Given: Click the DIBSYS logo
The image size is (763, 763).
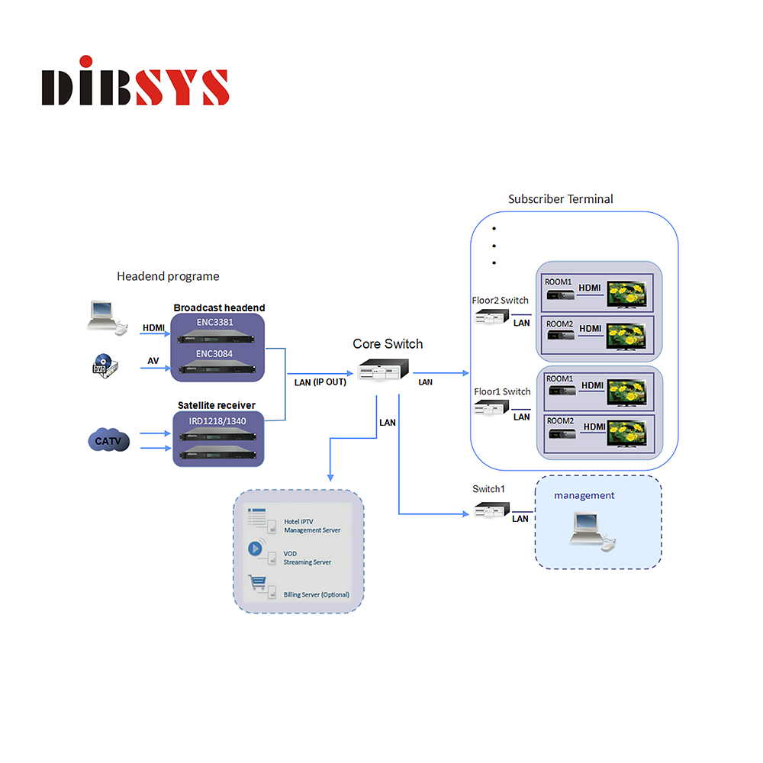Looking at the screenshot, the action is click(135, 81).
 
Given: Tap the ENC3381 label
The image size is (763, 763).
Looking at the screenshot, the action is click(215, 322).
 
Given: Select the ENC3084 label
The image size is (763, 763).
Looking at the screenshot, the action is click(214, 354).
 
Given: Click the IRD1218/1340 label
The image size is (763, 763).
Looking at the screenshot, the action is click(217, 421).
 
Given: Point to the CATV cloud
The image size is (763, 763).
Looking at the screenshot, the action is click(108, 440).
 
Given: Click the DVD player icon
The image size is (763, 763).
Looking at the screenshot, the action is click(105, 366).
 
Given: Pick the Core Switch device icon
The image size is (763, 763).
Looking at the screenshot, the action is click(384, 370).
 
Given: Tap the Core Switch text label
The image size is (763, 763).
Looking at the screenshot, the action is click(388, 344).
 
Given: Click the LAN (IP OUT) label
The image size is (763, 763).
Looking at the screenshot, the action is click(320, 382).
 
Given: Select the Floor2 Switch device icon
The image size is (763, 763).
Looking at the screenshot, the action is click(491, 317).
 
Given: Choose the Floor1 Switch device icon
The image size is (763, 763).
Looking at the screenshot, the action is click(491, 407).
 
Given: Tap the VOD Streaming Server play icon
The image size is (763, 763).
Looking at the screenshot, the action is click(256, 549).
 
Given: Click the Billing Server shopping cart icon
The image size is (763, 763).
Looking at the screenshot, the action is click(257, 582).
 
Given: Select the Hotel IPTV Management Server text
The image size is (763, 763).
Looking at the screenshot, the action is click(312, 526).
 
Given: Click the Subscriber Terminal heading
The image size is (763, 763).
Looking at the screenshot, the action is click(561, 199).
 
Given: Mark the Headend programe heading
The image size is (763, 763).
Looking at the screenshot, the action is click(168, 276).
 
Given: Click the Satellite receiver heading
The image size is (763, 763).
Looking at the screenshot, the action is click(217, 405).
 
